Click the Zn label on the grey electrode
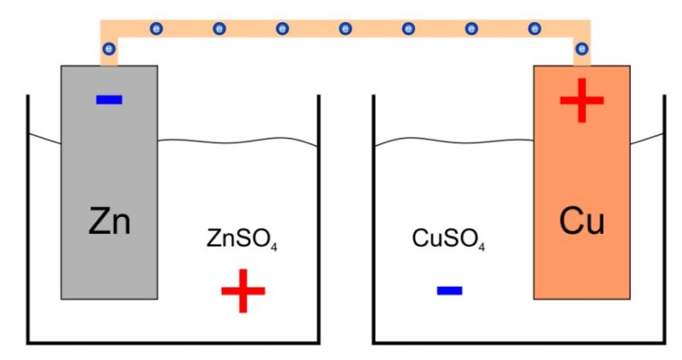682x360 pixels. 109,221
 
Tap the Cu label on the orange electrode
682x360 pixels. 581,221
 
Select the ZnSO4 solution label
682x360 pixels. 242,240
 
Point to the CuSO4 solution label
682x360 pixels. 448,240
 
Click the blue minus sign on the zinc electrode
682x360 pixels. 109,100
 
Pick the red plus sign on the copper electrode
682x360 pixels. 581,101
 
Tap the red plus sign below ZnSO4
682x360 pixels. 243,291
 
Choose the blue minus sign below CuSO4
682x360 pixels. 449,290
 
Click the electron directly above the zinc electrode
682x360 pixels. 109,49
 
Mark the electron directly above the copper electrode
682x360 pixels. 581,49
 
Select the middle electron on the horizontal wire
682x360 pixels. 345,29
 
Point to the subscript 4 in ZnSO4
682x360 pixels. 274,247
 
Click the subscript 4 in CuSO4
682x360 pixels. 482,247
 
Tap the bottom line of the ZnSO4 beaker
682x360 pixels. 174,343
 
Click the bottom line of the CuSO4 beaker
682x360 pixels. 519,343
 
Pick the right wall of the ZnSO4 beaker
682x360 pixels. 318,219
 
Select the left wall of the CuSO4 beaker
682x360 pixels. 374,219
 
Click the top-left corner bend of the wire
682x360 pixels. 109,28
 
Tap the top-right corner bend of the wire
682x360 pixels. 582,28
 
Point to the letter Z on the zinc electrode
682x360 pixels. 98,221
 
